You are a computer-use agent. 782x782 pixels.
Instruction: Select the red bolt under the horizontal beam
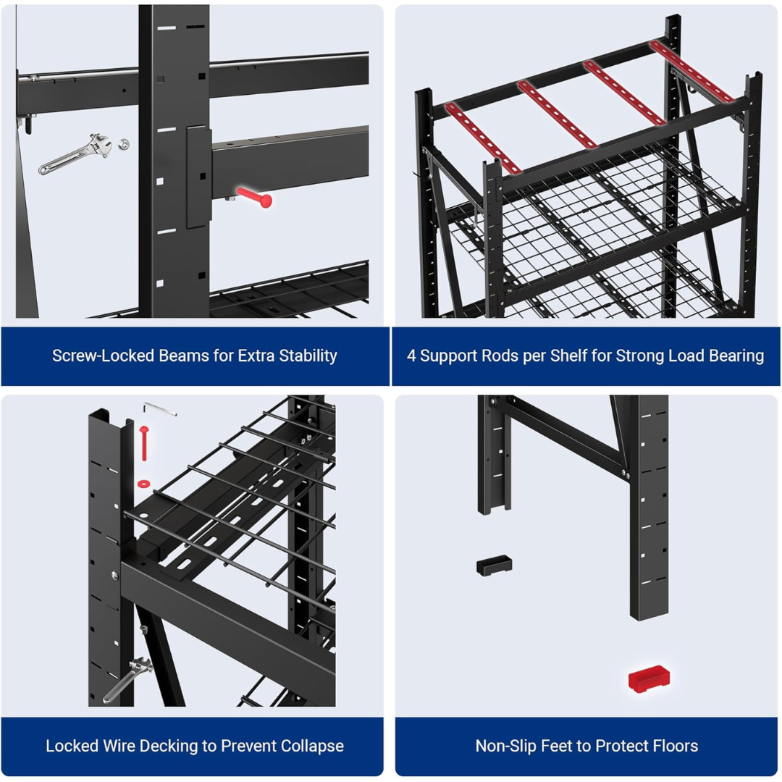click(x=254, y=197)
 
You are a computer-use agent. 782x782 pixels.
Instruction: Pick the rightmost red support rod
click(x=691, y=71)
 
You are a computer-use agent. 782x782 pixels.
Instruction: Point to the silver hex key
click(x=159, y=409)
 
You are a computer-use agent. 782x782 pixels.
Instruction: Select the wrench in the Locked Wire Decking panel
click(x=125, y=681)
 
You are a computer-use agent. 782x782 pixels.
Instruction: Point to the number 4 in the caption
click(x=411, y=356)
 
